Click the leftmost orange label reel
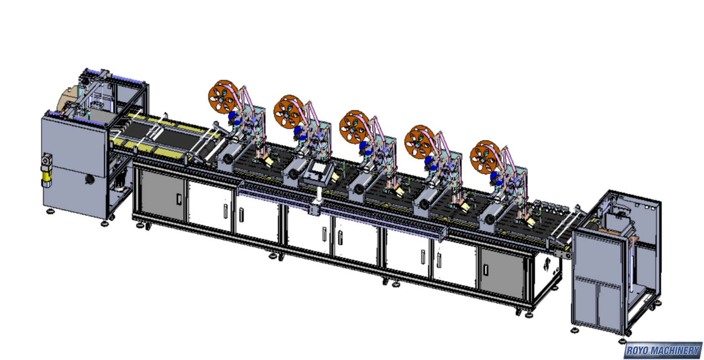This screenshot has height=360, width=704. point(224,96)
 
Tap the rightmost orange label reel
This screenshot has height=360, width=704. point(486,157)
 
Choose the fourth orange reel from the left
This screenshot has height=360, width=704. point(420,142)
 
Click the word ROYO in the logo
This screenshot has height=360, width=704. point(639,350)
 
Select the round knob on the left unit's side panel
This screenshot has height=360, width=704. point(89,180)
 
